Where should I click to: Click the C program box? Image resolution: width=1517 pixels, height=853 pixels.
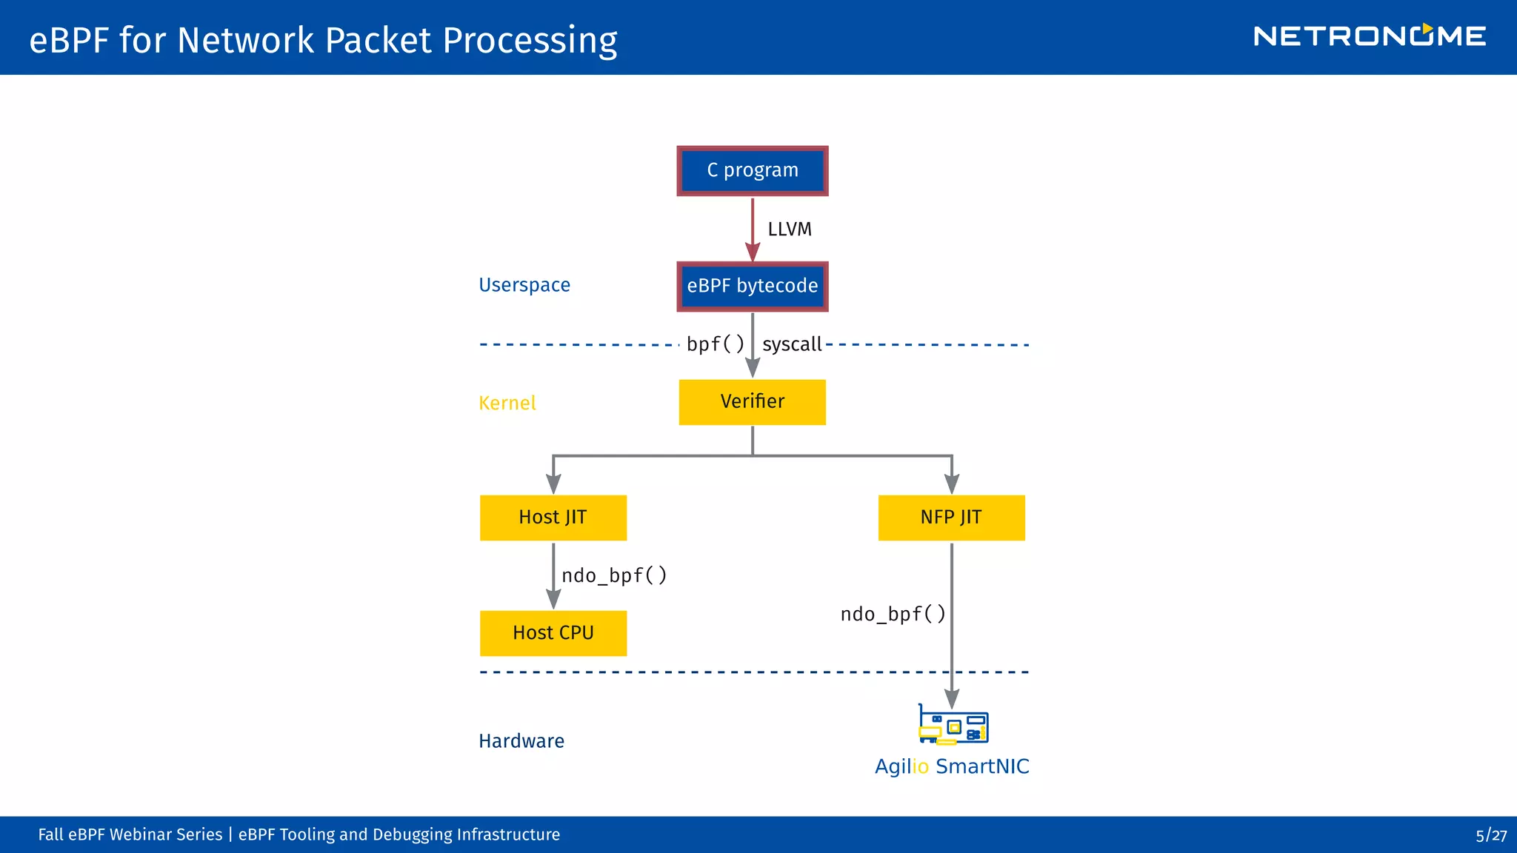coord(752,171)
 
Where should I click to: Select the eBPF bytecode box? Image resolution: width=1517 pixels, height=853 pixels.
coord(752,287)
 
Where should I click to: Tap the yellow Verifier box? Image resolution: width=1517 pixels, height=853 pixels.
coord(752,402)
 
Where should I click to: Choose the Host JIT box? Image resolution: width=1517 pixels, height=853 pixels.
coord(553,518)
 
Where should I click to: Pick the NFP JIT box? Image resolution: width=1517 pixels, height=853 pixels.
coord(951,518)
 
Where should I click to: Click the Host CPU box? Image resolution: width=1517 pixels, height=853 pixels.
coord(553,633)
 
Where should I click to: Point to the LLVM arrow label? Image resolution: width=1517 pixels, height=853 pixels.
coord(790,230)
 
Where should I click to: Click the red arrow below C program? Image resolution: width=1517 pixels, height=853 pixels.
coord(753,230)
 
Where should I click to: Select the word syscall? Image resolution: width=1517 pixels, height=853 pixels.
coord(792,344)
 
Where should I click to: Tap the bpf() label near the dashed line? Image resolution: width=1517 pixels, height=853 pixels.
coord(715,344)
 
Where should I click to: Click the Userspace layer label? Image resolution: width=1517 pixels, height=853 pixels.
coord(524,285)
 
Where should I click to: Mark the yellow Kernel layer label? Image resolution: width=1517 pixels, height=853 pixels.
coord(507,403)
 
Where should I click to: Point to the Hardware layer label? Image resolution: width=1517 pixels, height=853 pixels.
coord(521,741)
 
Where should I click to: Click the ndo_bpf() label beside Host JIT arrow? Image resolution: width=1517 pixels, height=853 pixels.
coord(614,575)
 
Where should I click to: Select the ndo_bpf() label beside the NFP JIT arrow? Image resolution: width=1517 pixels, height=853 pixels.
coord(893,614)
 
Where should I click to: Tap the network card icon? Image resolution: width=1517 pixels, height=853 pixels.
coord(953,725)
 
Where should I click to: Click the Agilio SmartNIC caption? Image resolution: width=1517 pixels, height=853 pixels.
coord(952,766)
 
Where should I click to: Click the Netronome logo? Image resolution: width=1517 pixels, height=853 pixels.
coord(1369,36)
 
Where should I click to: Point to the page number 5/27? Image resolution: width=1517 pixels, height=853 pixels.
coord(1490,835)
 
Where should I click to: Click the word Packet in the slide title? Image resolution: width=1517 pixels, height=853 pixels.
coord(378,40)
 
